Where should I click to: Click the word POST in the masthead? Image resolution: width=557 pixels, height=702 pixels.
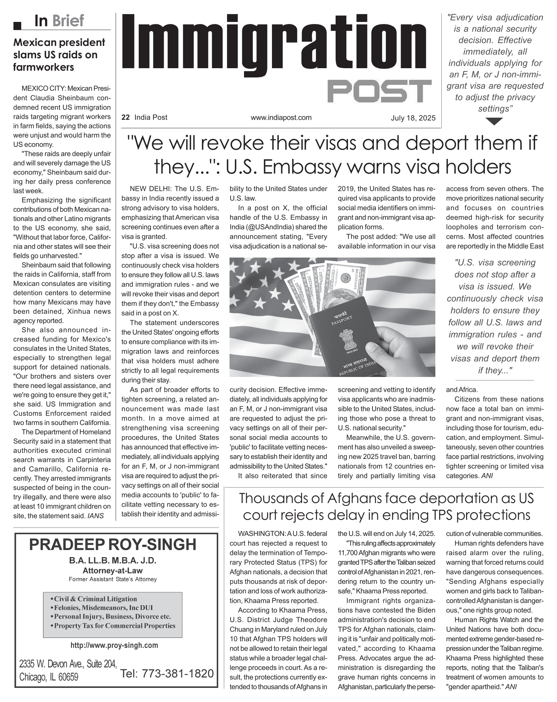pyautogui.click(x=379, y=92)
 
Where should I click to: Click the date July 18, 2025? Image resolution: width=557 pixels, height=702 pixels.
pyautogui.click(x=413, y=118)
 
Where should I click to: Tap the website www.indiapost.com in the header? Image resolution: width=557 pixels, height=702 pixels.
pyautogui.click(x=281, y=118)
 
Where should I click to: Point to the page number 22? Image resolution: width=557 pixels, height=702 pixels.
pyautogui.click(x=125, y=118)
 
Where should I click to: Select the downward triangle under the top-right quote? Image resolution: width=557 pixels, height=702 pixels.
pyautogui.click(x=494, y=122)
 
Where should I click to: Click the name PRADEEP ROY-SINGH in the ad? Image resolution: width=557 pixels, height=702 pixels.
pyautogui.click(x=113, y=544)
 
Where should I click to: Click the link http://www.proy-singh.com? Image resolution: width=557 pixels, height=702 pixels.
pyautogui.click(x=114, y=645)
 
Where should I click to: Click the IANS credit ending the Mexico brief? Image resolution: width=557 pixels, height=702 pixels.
pyautogui.click(x=96, y=516)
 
